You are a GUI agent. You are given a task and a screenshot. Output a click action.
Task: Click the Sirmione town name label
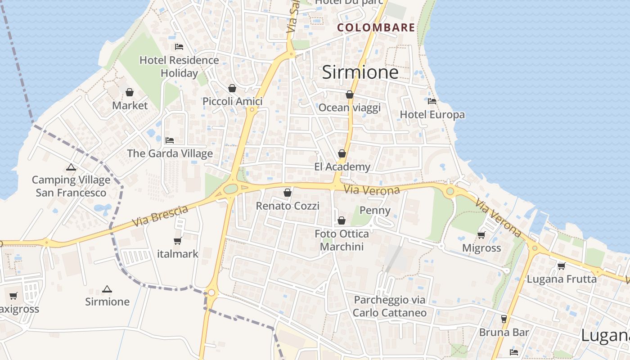(x=360, y=72)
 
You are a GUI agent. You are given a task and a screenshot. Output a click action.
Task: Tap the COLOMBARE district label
(x=376, y=27)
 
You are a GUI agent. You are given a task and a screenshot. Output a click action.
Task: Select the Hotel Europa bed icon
(x=432, y=101)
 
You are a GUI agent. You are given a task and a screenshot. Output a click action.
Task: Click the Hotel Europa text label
(x=432, y=115)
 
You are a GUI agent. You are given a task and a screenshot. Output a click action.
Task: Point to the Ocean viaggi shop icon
(x=349, y=94)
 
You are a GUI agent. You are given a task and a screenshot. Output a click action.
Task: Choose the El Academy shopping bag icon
(x=342, y=153)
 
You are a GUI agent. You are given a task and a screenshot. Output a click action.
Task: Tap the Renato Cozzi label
(x=288, y=206)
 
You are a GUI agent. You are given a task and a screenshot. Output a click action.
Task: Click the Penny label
(x=375, y=210)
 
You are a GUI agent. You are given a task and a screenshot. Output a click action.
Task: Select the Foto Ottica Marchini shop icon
(x=342, y=220)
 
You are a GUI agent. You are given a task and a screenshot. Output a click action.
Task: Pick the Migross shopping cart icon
(x=481, y=235)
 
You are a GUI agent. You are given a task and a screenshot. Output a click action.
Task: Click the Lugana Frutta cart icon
(x=561, y=266)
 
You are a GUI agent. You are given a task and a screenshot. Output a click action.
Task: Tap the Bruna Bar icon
(x=504, y=319)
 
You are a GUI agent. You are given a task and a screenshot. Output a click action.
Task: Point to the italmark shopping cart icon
(x=178, y=241)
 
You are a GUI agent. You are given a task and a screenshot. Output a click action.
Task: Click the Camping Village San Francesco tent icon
(x=71, y=167)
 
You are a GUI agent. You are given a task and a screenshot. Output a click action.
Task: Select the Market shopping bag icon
(x=130, y=92)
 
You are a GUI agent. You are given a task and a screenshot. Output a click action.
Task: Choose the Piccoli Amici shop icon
(x=232, y=88)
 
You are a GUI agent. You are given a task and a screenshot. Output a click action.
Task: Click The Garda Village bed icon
(x=170, y=140)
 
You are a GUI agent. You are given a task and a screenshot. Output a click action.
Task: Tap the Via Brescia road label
(x=160, y=216)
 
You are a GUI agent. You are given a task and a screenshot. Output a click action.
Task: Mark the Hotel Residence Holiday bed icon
(x=179, y=47)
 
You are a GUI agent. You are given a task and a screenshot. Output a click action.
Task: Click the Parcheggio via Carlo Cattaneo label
(x=390, y=306)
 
